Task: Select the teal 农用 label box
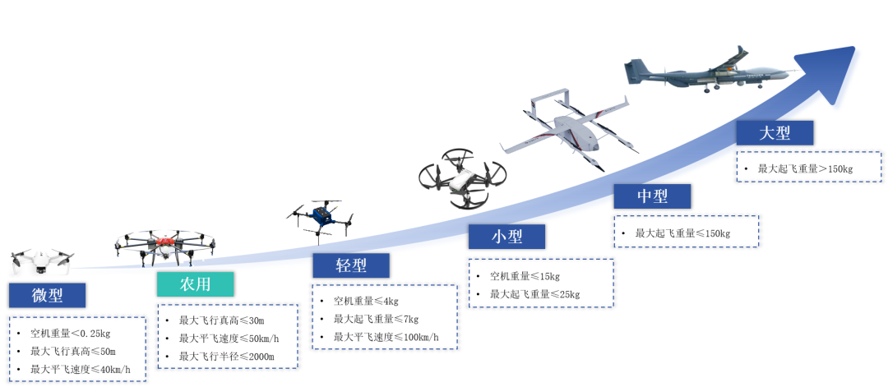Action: click(195, 284)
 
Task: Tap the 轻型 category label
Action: click(350, 265)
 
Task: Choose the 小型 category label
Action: click(506, 237)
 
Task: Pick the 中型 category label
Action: click(652, 196)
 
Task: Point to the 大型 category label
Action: click(775, 133)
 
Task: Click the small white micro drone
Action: click(42, 261)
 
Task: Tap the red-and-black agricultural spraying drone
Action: click(166, 245)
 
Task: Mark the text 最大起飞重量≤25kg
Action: click(535, 294)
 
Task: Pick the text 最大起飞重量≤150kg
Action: click(682, 233)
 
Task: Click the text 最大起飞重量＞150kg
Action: click(806, 169)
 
